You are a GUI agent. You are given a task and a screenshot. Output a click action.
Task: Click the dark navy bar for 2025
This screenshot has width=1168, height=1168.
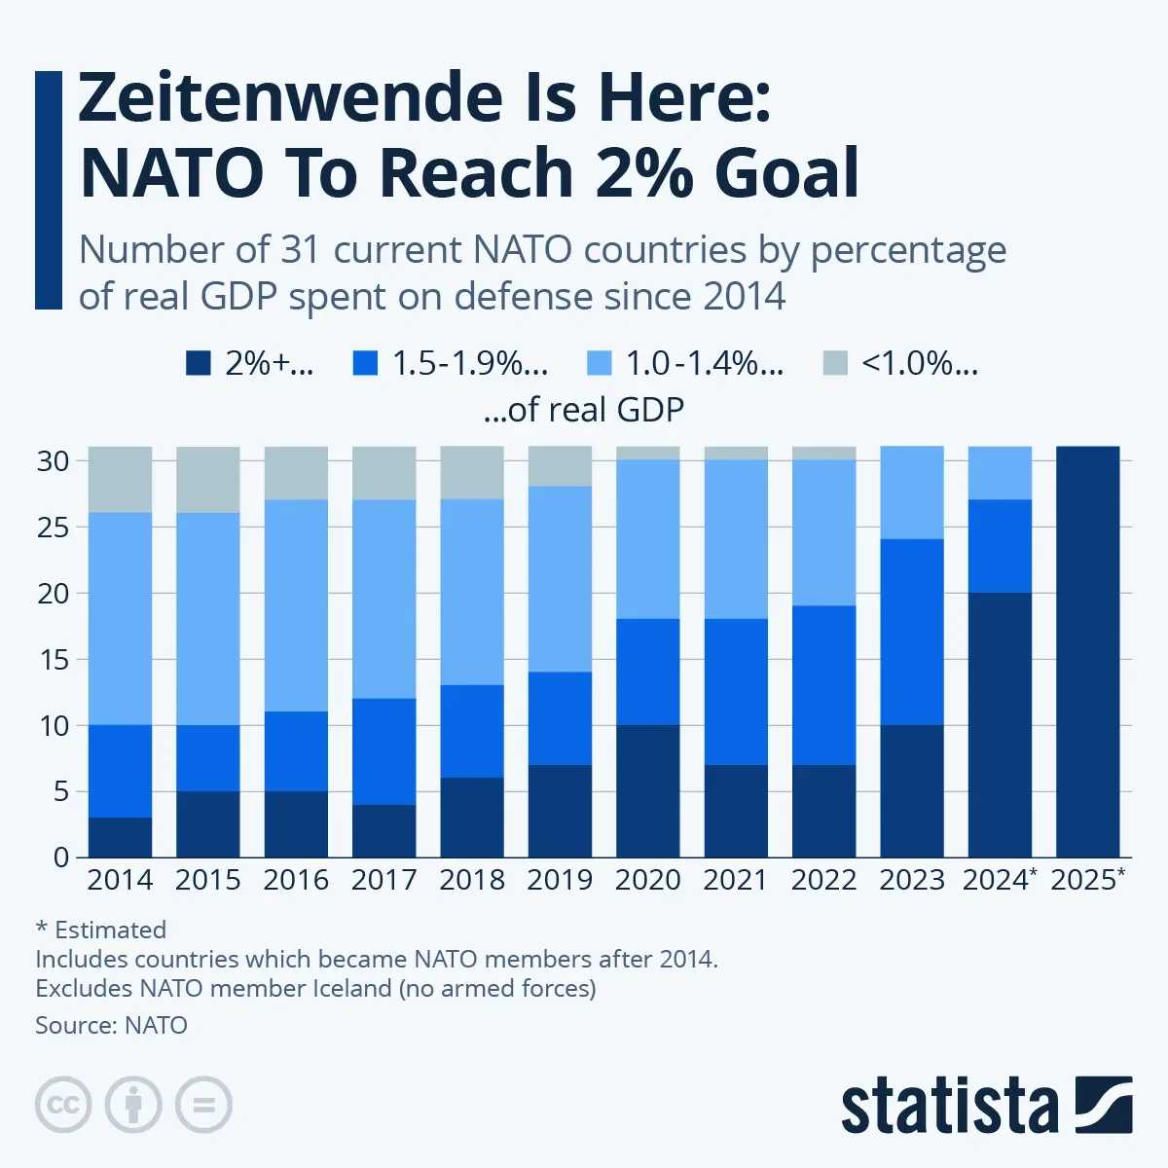pyautogui.click(x=1087, y=652)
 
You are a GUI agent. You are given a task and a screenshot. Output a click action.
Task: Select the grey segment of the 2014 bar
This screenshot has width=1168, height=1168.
pyautogui.click(x=120, y=479)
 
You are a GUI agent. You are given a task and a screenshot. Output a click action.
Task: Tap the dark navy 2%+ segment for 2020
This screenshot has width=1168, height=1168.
pyautogui.click(x=647, y=790)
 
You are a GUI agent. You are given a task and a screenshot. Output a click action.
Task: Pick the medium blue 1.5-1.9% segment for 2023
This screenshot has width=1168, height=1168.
pyautogui.click(x=912, y=632)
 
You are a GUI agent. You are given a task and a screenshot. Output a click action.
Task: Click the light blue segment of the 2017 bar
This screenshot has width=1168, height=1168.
pyautogui.click(x=383, y=599)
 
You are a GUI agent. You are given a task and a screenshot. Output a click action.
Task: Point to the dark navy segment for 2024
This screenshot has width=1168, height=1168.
pyautogui.click(x=1000, y=724)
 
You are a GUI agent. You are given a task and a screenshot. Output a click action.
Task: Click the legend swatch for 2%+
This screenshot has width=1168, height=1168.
pyautogui.click(x=199, y=363)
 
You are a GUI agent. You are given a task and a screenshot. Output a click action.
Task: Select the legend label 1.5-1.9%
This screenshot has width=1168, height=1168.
pyautogui.click(x=470, y=363)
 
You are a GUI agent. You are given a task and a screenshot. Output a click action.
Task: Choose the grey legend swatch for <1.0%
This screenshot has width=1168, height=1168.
pyautogui.click(x=835, y=363)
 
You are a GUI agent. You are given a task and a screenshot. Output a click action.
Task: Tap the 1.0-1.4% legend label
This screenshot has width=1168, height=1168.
pyautogui.click(x=704, y=363)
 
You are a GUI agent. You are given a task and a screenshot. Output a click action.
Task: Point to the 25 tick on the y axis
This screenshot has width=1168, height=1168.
pyautogui.click(x=54, y=528)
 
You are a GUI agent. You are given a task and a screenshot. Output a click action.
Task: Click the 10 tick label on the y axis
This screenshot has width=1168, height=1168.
pyautogui.click(x=54, y=725)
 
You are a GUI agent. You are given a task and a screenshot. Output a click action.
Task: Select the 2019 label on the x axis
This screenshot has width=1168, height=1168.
pyautogui.click(x=560, y=880)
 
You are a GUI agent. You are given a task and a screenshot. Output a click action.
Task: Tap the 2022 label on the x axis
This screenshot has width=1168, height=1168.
pyautogui.click(x=823, y=880)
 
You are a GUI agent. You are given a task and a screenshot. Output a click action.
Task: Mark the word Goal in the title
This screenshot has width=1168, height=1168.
pyautogui.click(x=786, y=173)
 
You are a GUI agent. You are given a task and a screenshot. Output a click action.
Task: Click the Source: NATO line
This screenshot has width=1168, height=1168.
pyautogui.click(x=111, y=1025)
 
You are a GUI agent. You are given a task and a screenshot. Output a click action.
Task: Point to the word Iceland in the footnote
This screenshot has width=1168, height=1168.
pyautogui.click(x=352, y=989)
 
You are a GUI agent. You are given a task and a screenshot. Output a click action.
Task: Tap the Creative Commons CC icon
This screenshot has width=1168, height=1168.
pyautogui.click(x=63, y=1105)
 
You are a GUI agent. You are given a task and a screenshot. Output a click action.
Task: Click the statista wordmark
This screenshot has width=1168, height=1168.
pyautogui.click(x=949, y=1107)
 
